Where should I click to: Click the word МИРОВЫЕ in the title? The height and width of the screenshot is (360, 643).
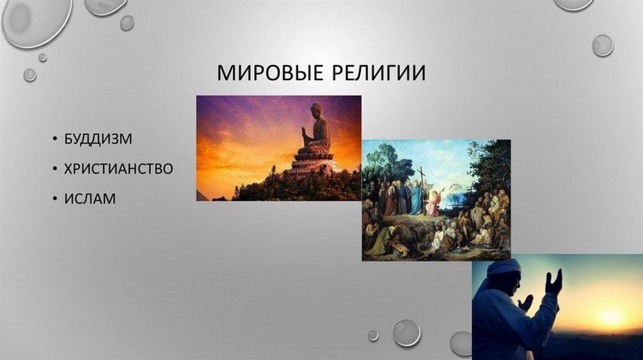pos(271,73)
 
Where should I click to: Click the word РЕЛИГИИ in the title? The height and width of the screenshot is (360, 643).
pos(379,73)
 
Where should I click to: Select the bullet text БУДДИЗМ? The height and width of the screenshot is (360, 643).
pos(98,139)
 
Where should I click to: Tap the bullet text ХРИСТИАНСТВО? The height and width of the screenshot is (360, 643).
pos(118,169)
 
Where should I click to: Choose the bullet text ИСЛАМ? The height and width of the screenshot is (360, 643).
pos(90,199)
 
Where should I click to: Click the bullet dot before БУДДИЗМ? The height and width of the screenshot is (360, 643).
pos(55,139)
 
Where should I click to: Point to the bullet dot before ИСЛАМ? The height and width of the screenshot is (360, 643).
pos(55,199)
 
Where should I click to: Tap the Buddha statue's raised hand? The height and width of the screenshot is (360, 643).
pos(304,133)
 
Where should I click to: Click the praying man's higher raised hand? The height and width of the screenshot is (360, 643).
pos(554,282)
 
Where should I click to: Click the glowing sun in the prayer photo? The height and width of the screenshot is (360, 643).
pos(611,316)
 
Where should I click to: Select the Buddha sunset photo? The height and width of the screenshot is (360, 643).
pos(279,148)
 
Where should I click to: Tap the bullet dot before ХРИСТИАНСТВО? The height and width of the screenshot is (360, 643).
pos(55,169)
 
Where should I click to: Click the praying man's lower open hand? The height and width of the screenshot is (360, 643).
pos(525,303)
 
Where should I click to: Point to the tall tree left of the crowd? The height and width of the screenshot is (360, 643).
pos(380,164)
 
